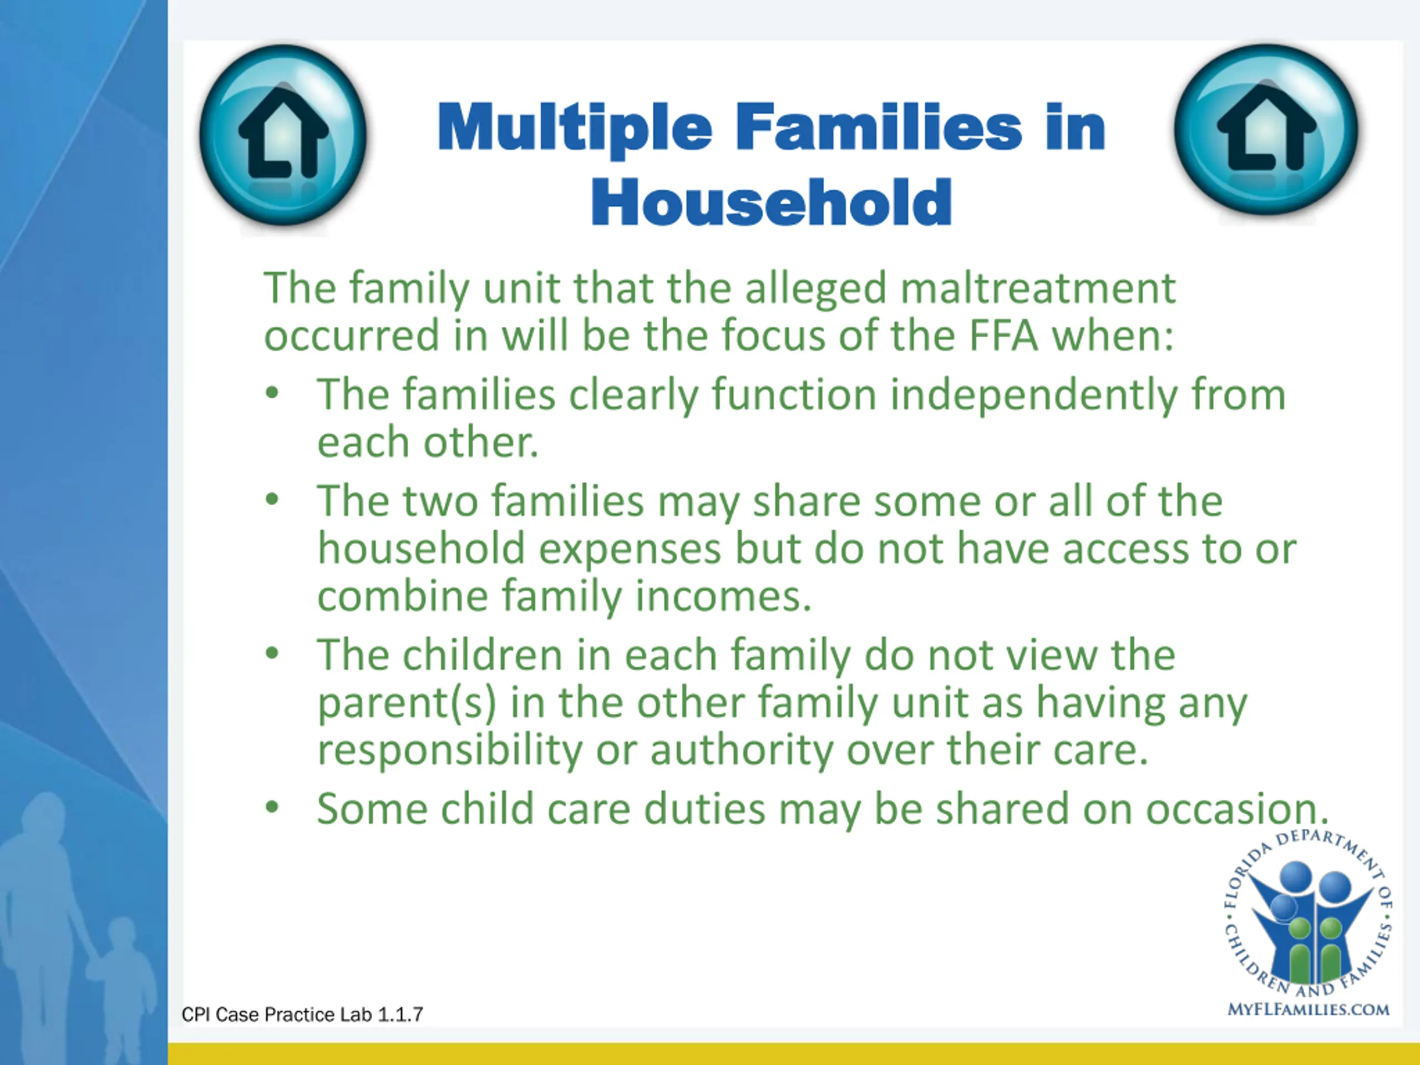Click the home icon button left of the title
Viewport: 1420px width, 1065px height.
click(x=283, y=135)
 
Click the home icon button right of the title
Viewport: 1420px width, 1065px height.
click(x=1266, y=130)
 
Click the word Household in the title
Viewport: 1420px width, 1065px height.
click(x=771, y=202)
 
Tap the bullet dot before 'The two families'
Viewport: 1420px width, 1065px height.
click(x=272, y=499)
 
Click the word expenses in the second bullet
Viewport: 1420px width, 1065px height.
click(x=630, y=550)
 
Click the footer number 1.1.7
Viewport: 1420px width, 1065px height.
click(x=400, y=1015)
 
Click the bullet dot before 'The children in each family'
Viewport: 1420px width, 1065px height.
click(x=272, y=653)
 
